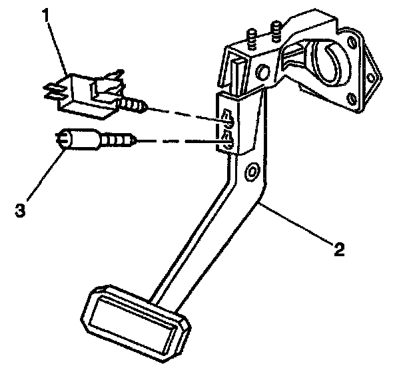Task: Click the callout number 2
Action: (340, 250)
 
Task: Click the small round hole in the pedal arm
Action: (251, 174)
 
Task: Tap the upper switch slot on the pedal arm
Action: (228, 117)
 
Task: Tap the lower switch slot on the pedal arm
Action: (228, 138)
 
